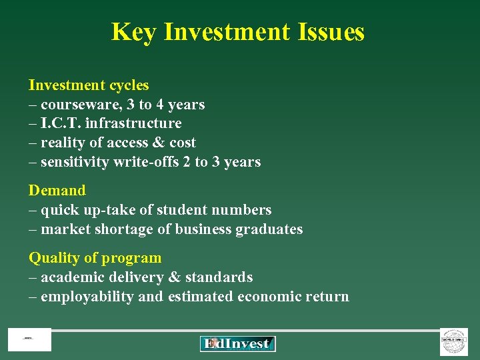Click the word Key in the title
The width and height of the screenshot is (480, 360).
[133, 31]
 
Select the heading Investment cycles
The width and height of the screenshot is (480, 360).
[89, 85]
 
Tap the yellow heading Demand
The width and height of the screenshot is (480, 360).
[57, 191]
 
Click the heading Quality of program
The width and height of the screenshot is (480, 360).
[95, 258]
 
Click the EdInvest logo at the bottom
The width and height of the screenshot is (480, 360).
[237, 343]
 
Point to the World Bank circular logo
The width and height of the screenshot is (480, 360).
[454, 341]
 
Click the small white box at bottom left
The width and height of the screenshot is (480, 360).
[29, 340]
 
